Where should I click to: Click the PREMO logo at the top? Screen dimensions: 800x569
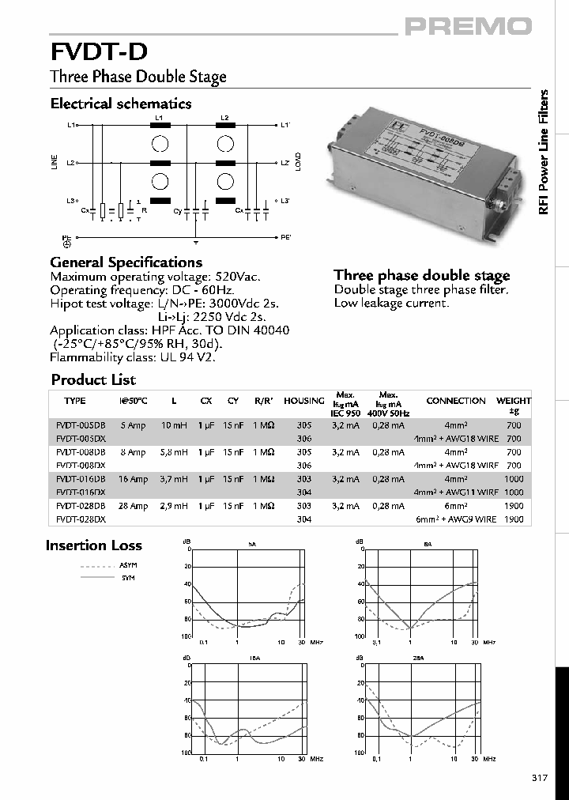[469, 27]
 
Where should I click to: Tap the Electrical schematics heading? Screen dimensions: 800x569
[121, 104]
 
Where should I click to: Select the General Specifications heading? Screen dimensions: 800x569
[126, 262]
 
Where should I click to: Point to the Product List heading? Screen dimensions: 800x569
[93, 379]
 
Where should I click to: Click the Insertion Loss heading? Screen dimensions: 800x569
[94, 545]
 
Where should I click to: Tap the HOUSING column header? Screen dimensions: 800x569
[303, 401]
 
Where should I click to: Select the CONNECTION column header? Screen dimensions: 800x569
[456, 401]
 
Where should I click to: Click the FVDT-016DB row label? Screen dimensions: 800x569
[81, 479]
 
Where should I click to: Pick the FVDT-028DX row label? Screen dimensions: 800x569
[81, 519]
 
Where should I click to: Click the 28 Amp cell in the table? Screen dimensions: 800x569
[133, 506]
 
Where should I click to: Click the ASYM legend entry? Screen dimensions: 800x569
[127, 567]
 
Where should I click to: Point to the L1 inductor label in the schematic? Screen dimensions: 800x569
[159, 118]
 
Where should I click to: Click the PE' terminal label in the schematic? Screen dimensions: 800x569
[286, 237]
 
